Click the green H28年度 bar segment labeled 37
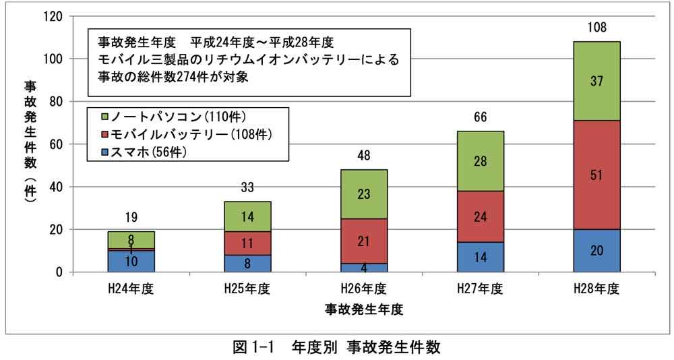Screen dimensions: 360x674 tap(596, 81)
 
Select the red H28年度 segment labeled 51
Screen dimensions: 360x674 tap(596, 175)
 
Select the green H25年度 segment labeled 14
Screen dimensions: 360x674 tap(248, 216)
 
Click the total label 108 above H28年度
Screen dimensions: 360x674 tap(596, 28)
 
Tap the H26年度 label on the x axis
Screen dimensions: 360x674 tap(364, 290)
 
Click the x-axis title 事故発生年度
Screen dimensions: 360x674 tap(363, 309)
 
